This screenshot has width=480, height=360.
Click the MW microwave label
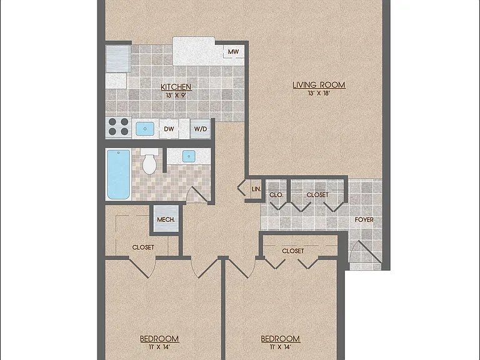click(x=233, y=52)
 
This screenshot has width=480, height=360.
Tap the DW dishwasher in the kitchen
click(x=169, y=129)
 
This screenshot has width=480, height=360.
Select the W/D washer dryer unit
click(x=201, y=129)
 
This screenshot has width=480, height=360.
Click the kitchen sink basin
click(x=145, y=129)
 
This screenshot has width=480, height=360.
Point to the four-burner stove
click(x=119, y=127)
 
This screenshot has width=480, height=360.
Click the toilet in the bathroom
click(x=149, y=161)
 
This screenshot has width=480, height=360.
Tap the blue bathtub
click(x=119, y=174)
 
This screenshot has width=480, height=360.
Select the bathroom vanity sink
click(x=189, y=156)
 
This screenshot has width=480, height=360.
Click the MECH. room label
click(x=166, y=219)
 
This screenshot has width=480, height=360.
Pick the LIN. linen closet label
click(x=256, y=189)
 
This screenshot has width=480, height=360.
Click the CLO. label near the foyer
click(x=276, y=195)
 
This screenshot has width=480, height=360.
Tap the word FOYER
click(x=364, y=219)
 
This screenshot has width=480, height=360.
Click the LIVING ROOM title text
click(x=319, y=85)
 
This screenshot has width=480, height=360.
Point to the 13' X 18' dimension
click(x=319, y=93)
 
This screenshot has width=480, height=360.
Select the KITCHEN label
click(x=176, y=87)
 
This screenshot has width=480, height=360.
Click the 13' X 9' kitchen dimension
click(x=176, y=95)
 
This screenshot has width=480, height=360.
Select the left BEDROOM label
click(x=159, y=339)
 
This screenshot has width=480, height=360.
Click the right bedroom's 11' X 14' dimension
click(x=280, y=347)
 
